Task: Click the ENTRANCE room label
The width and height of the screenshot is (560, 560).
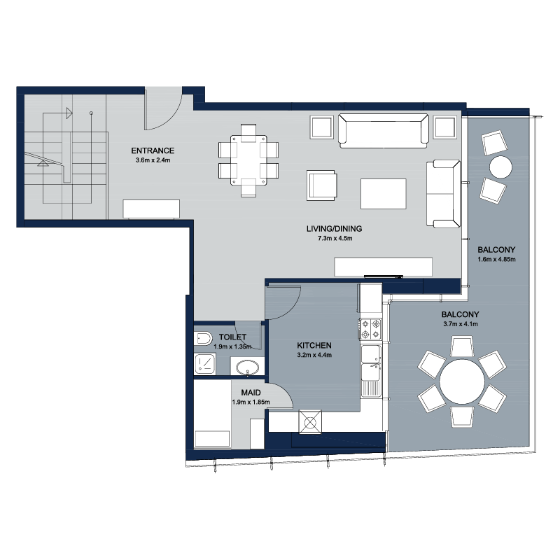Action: [x=153, y=150]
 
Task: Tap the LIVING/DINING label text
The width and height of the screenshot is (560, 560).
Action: [x=335, y=229]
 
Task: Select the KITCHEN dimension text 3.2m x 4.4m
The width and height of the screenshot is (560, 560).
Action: [x=314, y=355]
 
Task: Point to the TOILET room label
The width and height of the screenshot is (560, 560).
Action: [x=232, y=337]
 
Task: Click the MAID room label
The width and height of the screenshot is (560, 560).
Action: [x=251, y=393]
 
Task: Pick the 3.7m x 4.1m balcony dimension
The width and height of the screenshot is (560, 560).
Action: [x=461, y=324]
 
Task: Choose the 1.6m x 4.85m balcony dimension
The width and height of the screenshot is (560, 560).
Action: [x=496, y=259]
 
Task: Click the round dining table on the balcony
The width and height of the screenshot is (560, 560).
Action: [x=462, y=381]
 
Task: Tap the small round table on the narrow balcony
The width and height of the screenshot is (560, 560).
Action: [x=500, y=167]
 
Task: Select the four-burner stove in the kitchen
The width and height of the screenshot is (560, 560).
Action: [x=370, y=329]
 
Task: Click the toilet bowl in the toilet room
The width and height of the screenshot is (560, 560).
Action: [x=203, y=338]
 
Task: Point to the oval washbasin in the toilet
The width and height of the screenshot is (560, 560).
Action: [x=248, y=367]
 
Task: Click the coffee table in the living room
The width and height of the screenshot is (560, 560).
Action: [x=383, y=194]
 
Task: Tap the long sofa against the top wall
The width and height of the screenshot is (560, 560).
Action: [x=383, y=131]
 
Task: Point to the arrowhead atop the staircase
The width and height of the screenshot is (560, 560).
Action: [x=69, y=113]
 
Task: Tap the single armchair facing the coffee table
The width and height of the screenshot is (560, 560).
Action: [x=321, y=185]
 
